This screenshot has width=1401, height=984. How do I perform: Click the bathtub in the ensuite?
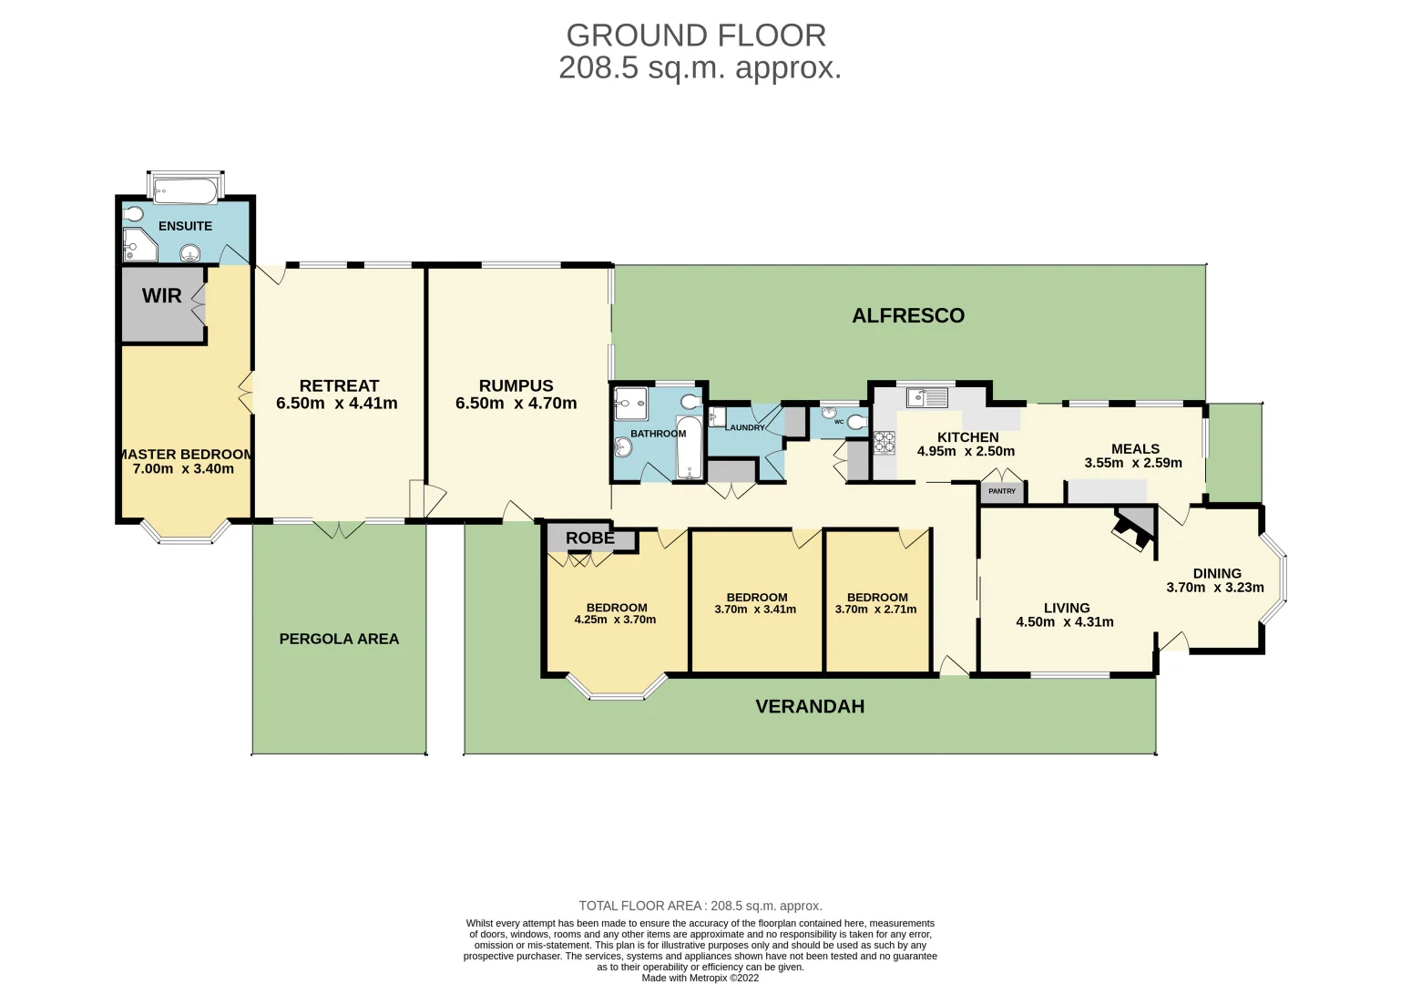pyautogui.click(x=185, y=191)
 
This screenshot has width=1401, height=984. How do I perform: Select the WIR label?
pyautogui.click(x=162, y=296)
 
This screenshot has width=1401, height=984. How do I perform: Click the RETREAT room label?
pyautogui.click(x=339, y=386)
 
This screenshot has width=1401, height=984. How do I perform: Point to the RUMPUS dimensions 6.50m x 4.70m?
pyautogui.click(x=516, y=404)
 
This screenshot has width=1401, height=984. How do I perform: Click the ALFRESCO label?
pyautogui.click(x=907, y=316)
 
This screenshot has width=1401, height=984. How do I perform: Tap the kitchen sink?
pyautogui.click(x=927, y=397)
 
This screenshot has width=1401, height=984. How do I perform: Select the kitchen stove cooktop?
pyautogui.click(x=885, y=443)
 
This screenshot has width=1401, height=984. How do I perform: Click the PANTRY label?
pyautogui.click(x=1002, y=492)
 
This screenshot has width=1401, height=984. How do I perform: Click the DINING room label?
pyautogui.click(x=1217, y=574)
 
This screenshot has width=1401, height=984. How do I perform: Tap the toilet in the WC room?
pyautogui.click(x=855, y=422)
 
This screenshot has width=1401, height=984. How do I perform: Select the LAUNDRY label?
pyautogui.click(x=745, y=427)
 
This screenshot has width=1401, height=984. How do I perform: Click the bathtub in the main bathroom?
pyautogui.click(x=690, y=448)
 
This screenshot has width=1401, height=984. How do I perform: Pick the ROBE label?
pyautogui.click(x=590, y=538)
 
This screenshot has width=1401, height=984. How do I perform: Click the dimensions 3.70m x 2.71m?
pyautogui.click(x=875, y=610)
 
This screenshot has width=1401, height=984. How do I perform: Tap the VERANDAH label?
pyautogui.click(x=810, y=707)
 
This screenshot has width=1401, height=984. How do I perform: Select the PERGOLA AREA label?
pyautogui.click(x=339, y=640)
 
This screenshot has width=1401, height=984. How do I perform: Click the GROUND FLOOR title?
pyautogui.click(x=696, y=36)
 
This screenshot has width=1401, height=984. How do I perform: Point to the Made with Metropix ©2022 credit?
pyautogui.click(x=700, y=978)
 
